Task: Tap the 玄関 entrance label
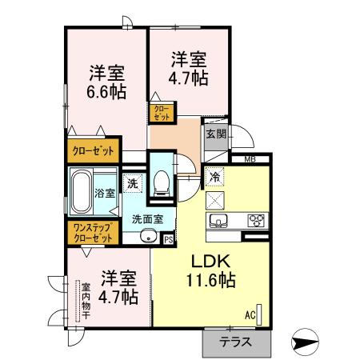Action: [x=215, y=134]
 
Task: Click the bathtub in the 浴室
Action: [x=80, y=192]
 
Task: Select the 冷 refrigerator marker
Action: [x=214, y=176]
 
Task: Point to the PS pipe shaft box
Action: [x=168, y=238]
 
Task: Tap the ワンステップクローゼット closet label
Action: [x=92, y=233]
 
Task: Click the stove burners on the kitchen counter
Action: [x=256, y=221]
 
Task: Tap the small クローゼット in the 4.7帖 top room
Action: [x=160, y=113]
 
